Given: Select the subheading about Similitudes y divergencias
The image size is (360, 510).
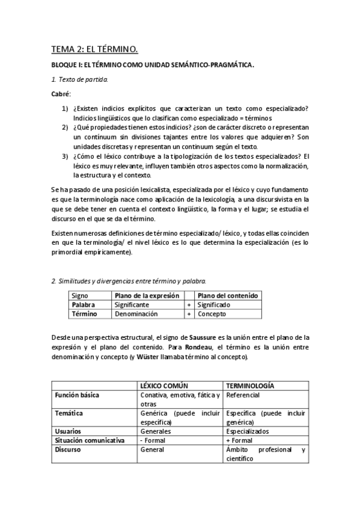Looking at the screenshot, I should [129, 281].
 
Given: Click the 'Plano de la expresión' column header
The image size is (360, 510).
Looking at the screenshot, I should [147, 295].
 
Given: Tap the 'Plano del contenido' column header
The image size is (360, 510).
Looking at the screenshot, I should [228, 295].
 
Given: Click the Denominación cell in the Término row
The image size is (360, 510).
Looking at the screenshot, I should [136, 314].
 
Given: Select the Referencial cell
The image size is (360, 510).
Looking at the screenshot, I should [244, 395].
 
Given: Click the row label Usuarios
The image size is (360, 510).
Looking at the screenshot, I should [69, 431].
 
